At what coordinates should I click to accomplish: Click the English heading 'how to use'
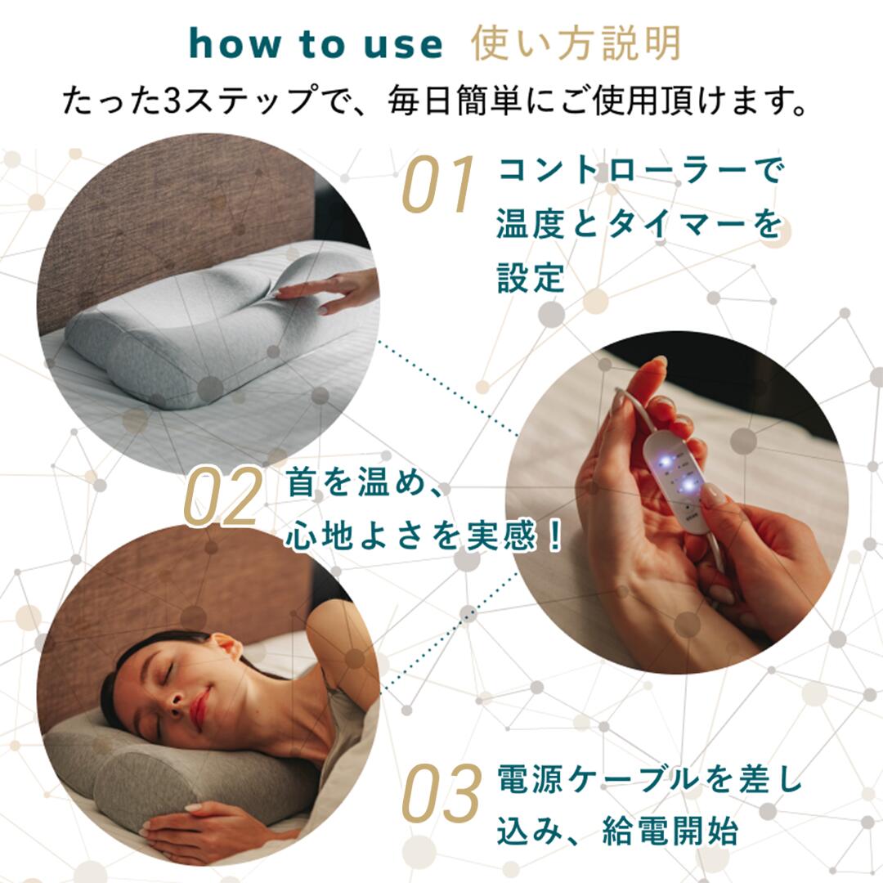pos(316,44)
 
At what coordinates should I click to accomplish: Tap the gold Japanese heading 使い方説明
pos(576,43)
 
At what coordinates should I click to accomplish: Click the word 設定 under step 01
pos(531,277)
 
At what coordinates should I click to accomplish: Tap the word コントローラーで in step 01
pos(639,170)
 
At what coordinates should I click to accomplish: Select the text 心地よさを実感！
pos(424,536)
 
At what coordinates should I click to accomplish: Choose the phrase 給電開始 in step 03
pos(670,830)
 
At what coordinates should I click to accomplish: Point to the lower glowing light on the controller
pos(688,484)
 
